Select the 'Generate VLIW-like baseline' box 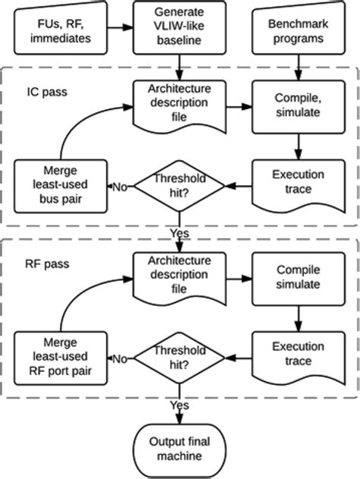click(x=178, y=28)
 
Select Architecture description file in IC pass click(x=178, y=103)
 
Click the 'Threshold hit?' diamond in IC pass click(x=180, y=184)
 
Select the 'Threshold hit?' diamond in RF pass click(x=180, y=357)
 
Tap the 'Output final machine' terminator click(x=180, y=449)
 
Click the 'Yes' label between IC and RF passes click(x=179, y=232)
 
